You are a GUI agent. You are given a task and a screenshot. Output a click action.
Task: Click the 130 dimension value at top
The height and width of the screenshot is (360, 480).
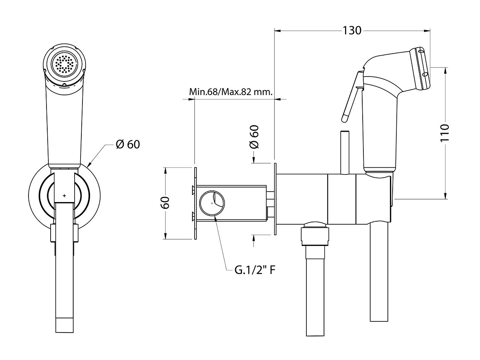point(352,30)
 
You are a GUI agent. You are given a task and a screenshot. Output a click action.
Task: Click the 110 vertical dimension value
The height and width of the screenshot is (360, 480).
point(445,132)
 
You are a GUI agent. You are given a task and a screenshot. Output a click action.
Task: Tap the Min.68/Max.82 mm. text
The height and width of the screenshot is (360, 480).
point(231,92)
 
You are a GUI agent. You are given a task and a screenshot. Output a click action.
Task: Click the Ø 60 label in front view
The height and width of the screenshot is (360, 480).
point(127,144)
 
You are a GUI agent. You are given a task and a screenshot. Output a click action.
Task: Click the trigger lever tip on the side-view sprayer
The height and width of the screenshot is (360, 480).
point(345,119)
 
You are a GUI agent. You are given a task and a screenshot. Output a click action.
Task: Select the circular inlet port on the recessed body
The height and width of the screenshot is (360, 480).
point(212,203)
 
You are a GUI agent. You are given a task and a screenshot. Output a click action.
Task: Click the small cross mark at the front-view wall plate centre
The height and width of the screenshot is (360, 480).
point(64,196)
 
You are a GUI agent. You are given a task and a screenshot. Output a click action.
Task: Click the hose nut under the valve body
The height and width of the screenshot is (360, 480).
point(315,234)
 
